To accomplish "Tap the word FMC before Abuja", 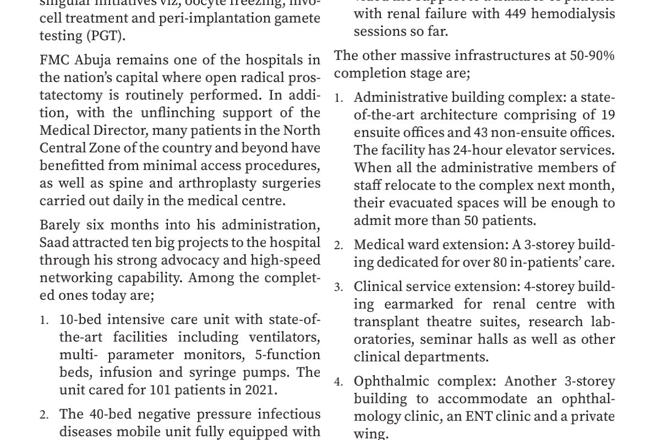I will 53,59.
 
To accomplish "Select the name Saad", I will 53,243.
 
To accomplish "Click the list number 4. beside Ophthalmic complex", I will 339,382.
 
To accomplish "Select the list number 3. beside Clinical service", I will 339,287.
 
